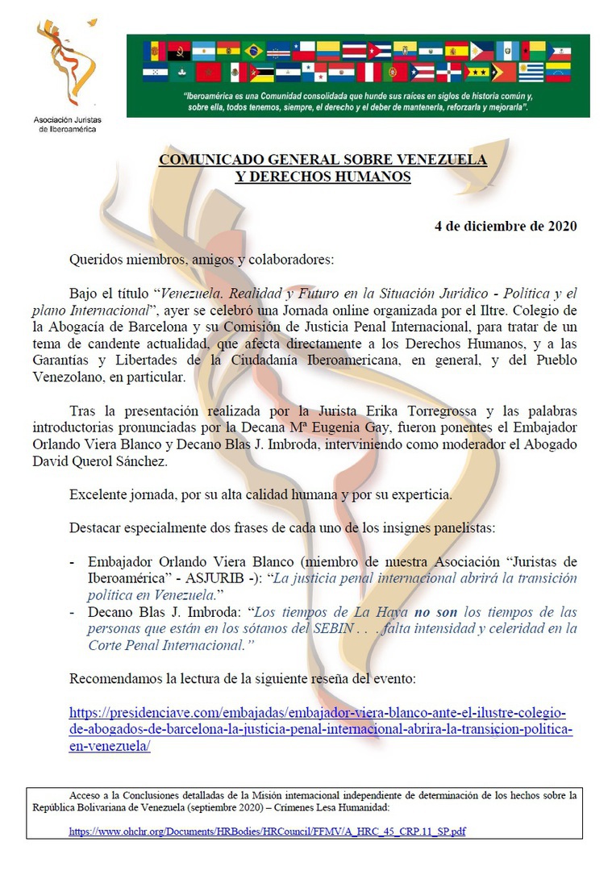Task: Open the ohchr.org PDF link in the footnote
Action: (267, 831)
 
